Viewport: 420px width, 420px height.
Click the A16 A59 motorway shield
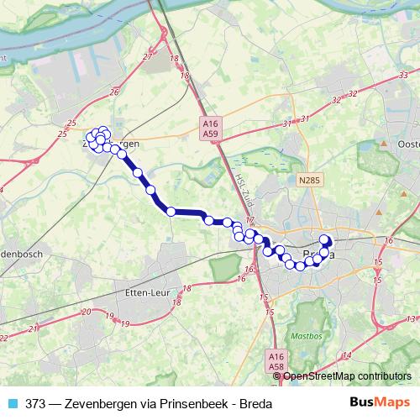coord(210,127)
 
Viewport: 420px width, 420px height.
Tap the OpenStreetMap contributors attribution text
coord(348,375)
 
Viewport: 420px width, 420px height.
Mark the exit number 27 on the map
coord(148,56)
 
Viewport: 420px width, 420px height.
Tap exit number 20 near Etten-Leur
coord(86,312)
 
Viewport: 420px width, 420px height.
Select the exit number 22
coord(5,339)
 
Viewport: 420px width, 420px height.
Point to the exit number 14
coord(347,355)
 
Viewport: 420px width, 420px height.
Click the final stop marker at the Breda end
coord(326,240)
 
